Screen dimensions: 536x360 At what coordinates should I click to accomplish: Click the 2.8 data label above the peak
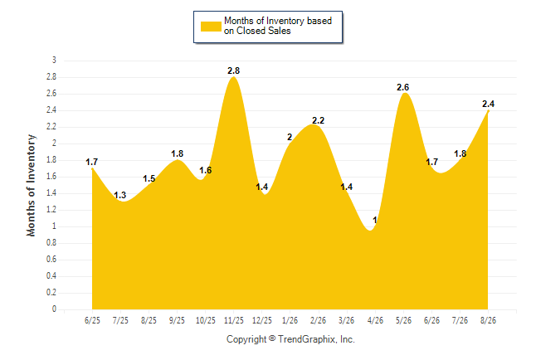(x=233, y=71)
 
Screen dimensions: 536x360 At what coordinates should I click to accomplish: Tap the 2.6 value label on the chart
(x=402, y=88)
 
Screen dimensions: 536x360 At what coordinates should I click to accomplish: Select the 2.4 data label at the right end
(x=488, y=104)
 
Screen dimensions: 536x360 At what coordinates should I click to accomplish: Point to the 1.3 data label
(x=120, y=195)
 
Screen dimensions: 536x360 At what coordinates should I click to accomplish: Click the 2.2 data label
(x=318, y=120)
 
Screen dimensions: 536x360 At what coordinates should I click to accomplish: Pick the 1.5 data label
(x=149, y=178)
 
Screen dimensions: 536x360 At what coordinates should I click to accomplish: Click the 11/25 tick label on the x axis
(x=234, y=320)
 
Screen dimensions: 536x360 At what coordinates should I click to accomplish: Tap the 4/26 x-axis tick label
(x=375, y=320)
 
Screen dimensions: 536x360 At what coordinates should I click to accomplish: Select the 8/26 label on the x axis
(x=488, y=320)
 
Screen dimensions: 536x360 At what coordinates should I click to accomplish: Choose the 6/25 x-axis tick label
(x=92, y=320)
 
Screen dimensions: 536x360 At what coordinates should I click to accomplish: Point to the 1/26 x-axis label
(x=290, y=320)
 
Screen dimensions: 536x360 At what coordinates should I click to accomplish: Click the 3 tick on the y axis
(x=54, y=61)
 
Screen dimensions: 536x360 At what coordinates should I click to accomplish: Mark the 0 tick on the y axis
(x=54, y=309)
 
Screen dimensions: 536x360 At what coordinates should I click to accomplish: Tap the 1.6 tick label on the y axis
(x=51, y=177)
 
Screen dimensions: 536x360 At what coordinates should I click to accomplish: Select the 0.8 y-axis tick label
(x=51, y=243)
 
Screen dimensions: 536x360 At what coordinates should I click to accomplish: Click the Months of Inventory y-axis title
(x=31, y=185)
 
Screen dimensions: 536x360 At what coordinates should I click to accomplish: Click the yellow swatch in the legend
(x=211, y=27)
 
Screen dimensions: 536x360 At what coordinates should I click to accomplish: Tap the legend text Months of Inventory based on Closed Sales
(x=278, y=26)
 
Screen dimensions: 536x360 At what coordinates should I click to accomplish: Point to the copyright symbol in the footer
(x=272, y=338)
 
